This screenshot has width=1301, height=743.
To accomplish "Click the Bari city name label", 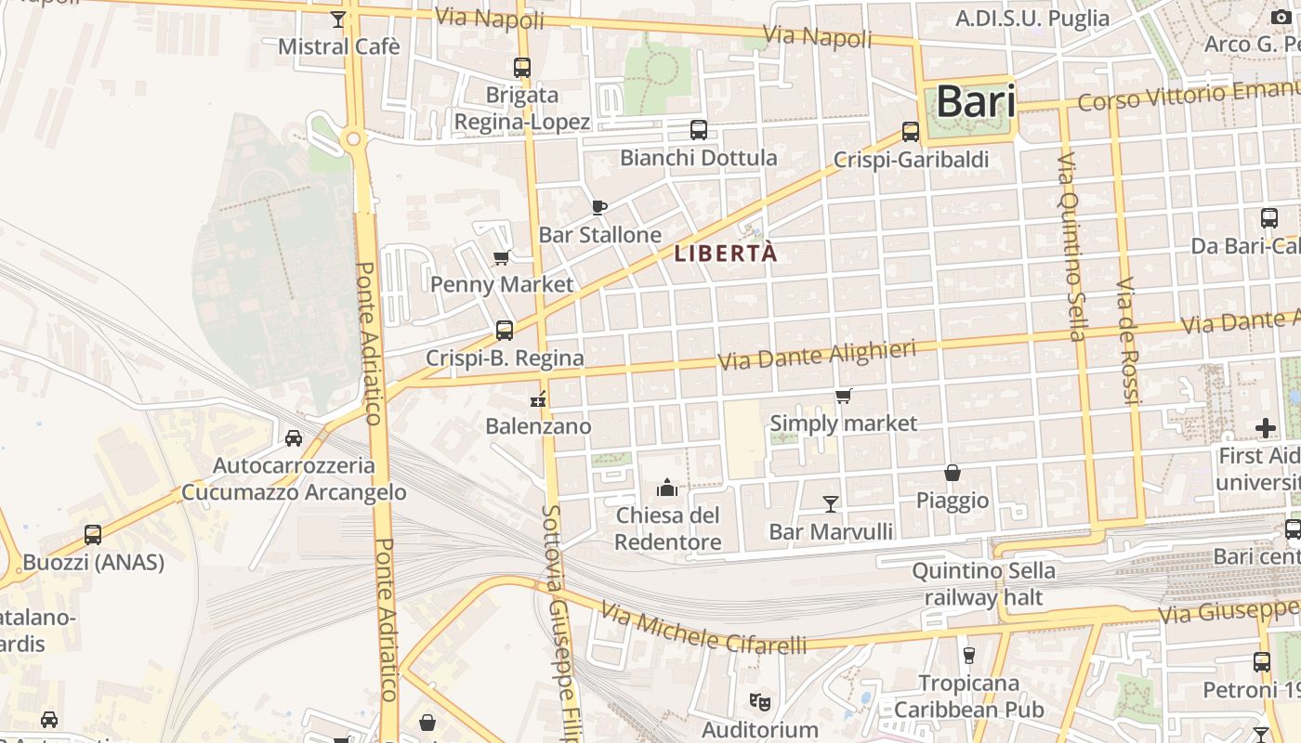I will (x=975, y=101).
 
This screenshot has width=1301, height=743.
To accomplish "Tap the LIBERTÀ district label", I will (x=725, y=254).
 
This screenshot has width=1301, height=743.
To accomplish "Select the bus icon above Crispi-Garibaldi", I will (x=911, y=132).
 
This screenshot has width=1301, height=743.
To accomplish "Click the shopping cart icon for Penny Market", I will (x=502, y=257).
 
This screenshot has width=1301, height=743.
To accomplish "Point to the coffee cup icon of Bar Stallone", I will (x=599, y=207).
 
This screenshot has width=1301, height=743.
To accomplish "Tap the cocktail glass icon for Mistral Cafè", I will (x=338, y=20).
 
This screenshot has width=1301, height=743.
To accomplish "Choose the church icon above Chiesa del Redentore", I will (x=667, y=488).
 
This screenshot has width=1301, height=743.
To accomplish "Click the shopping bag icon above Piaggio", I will (x=953, y=473).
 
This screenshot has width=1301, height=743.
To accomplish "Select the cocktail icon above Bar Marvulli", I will (x=831, y=503).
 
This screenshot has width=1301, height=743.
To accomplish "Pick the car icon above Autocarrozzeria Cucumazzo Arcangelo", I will (x=294, y=437).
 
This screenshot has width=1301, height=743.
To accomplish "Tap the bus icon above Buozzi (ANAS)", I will (x=93, y=535).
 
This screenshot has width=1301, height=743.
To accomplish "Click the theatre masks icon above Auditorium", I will (x=759, y=702).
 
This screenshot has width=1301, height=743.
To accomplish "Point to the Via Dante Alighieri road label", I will (x=818, y=354).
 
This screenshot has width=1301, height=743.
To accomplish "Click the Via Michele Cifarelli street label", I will (x=703, y=628).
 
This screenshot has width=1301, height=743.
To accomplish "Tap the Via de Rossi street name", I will (x=1127, y=340).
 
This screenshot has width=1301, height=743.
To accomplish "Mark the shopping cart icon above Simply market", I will (x=844, y=397).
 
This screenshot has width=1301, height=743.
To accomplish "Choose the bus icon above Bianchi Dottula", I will (x=699, y=130).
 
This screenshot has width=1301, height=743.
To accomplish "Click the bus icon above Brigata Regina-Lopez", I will (x=522, y=67).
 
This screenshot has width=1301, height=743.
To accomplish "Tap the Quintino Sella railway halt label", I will (x=984, y=583).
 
